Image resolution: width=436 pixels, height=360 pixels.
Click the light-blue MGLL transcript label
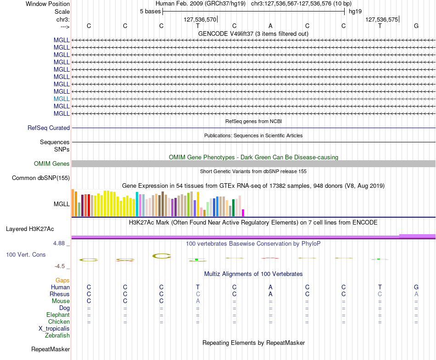tap(61, 99)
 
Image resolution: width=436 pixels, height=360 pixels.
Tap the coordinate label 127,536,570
tap(200, 19)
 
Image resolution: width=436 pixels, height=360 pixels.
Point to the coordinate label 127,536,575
tap(381, 19)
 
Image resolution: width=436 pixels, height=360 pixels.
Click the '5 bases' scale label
tap(150, 11)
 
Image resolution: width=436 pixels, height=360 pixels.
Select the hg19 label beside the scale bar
tap(355, 11)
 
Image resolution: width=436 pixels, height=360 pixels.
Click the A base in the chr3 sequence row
tap(270, 26)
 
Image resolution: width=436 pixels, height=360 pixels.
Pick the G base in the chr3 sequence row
tap(416, 26)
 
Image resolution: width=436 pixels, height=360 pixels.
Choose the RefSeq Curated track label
tap(49, 128)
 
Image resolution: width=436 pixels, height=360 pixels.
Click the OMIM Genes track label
tap(52, 163)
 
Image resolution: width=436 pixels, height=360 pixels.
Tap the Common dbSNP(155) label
tap(41, 178)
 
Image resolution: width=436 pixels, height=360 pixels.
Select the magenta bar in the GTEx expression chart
tap(243, 213)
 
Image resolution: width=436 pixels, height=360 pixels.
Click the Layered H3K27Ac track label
tap(30, 229)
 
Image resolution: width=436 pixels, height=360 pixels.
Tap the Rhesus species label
tap(60, 294)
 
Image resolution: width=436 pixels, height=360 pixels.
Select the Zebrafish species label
tap(57, 335)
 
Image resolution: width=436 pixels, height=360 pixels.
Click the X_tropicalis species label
tap(54, 329)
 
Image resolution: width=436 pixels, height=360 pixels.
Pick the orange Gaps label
tap(62, 281)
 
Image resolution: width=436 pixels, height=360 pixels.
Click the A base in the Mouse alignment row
tap(198, 301)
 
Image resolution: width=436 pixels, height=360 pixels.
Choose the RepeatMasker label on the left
tap(50, 349)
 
